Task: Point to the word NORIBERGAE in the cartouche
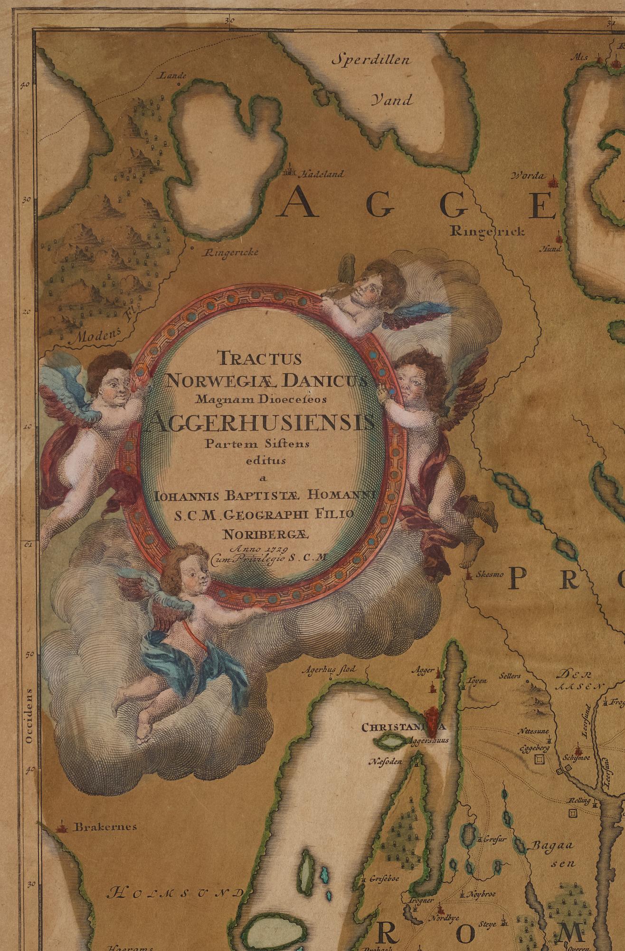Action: [x=267, y=534]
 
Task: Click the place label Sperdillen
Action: [x=371, y=61]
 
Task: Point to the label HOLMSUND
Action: [x=174, y=893]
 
